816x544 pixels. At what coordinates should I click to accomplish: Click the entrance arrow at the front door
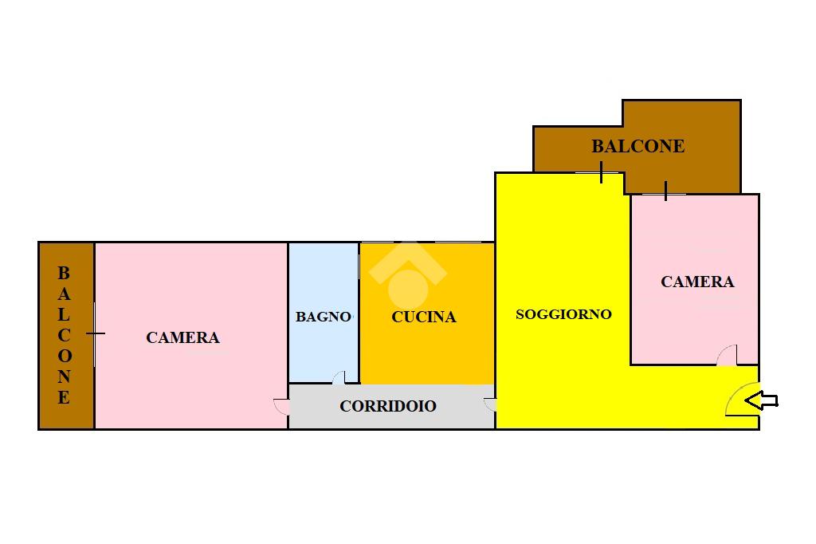[762, 400]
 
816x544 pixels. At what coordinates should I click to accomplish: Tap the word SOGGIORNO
[563, 314]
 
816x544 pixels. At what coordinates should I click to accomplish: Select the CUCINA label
[424, 317]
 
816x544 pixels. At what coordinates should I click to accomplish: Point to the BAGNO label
[323, 317]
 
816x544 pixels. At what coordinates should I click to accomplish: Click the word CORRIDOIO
[388, 406]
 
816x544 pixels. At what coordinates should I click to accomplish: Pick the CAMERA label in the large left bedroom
[182, 338]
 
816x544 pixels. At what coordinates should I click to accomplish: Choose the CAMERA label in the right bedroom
[697, 282]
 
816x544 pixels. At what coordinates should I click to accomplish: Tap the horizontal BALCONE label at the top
[637, 147]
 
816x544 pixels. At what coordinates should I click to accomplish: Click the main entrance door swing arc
[739, 402]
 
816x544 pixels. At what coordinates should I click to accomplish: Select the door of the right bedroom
[727, 357]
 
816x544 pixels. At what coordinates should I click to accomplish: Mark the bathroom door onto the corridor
[339, 377]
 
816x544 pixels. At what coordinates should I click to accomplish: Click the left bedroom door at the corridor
[281, 406]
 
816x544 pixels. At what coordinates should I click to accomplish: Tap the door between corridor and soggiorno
[490, 405]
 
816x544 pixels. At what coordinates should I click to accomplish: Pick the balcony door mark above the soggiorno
[602, 172]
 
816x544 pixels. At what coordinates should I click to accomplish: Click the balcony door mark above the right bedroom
[666, 191]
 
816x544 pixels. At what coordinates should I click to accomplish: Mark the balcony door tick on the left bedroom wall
[95, 333]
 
